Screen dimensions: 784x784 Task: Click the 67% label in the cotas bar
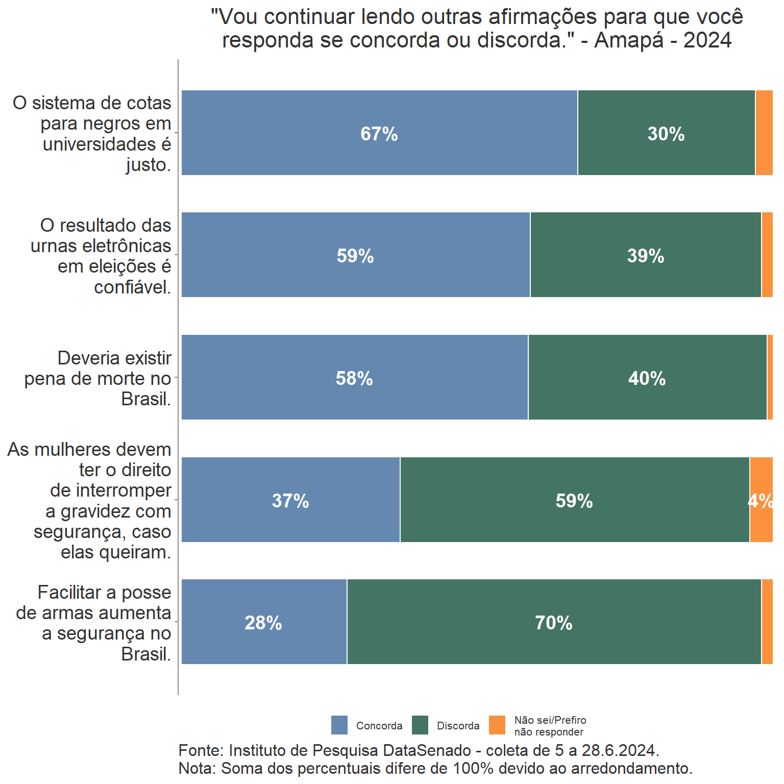[x=379, y=134]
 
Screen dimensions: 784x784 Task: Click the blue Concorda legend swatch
[x=339, y=725]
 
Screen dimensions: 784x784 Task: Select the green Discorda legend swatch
[x=420, y=725]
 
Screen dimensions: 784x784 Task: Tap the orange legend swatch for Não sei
[x=497, y=725]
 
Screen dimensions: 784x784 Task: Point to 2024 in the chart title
[x=707, y=40]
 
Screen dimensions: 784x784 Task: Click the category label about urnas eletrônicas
[x=101, y=256]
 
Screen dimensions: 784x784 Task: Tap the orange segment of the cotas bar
[x=764, y=133]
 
